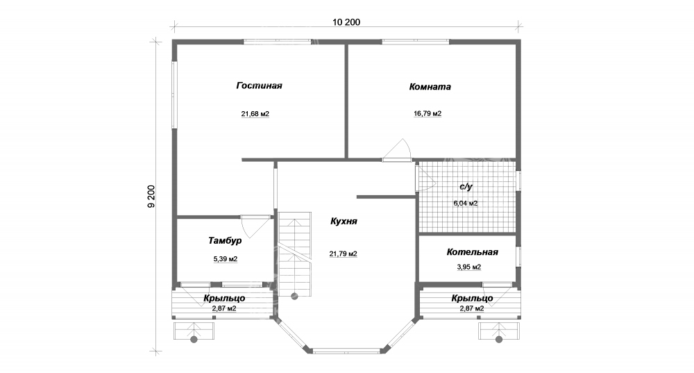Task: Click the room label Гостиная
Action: click(x=259, y=85)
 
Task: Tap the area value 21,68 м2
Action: click(x=255, y=114)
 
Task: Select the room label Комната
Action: click(x=430, y=87)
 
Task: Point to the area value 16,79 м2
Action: click(x=428, y=113)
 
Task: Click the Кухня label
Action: click(x=344, y=222)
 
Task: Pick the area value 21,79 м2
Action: click(x=343, y=254)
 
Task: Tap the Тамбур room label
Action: click(x=225, y=240)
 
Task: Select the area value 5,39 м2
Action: click(x=226, y=258)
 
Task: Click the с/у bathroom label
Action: click(x=466, y=186)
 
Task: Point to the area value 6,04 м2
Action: click(x=465, y=204)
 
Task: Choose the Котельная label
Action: click(x=472, y=252)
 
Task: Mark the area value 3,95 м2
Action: click(x=468, y=267)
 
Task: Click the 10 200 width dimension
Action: click(x=346, y=22)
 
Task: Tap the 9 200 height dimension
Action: click(x=151, y=197)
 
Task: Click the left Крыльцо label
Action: click(x=224, y=298)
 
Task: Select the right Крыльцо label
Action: click(x=472, y=298)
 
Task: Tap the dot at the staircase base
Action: click(x=294, y=297)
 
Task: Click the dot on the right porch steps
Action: click(x=499, y=340)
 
